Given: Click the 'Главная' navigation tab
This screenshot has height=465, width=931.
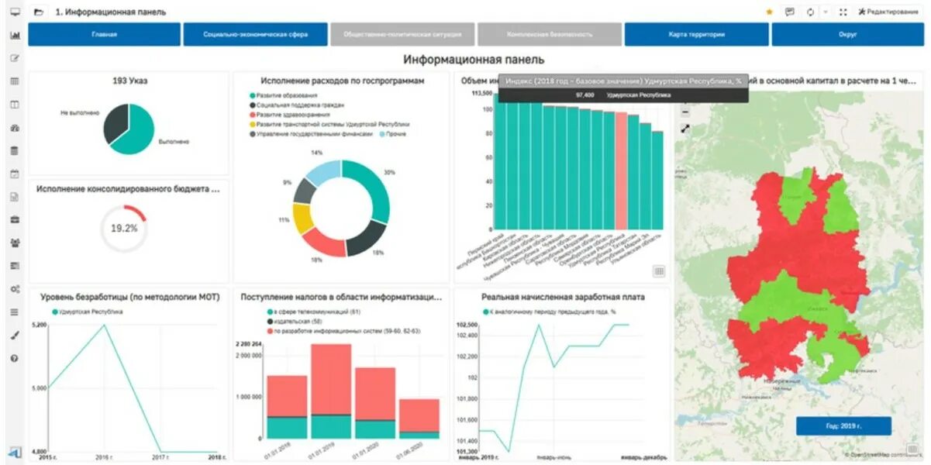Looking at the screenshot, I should (104, 35).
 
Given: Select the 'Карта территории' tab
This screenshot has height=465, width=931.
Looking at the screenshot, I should (696, 35).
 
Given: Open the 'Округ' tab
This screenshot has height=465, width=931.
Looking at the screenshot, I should (847, 35).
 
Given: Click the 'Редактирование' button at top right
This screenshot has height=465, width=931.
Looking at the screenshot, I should (891, 12).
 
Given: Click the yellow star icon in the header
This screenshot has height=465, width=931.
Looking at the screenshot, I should (769, 12).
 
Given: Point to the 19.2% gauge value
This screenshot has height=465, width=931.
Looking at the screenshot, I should (124, 228).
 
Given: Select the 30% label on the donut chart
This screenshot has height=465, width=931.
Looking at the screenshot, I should (389, 172).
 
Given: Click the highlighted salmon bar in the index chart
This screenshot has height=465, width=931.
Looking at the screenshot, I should (621, 170).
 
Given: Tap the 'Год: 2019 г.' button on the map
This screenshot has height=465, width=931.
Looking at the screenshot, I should (843, 425).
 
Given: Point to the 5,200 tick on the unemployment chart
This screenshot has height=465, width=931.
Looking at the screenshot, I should (40, 325).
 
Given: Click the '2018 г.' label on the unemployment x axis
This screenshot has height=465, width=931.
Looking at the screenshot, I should (218, 457).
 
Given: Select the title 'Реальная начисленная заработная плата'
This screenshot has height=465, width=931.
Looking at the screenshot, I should (563, 297).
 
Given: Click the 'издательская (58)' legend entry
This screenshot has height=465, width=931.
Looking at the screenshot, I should (299, 321).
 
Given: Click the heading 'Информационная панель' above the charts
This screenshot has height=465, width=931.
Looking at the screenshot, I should (473, 60).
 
